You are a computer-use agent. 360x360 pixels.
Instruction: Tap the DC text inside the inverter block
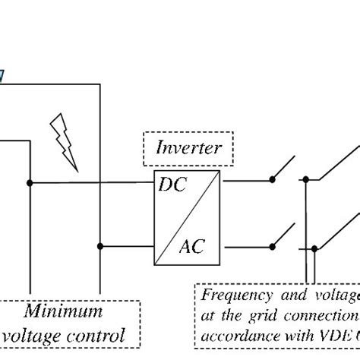(x=171, y=185)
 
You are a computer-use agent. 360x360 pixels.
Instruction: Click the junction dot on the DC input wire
(x=29, y=182)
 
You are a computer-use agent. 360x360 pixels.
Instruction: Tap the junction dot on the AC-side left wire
(x=100, y=246)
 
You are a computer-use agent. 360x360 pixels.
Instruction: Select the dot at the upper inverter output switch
(x=271, y=181)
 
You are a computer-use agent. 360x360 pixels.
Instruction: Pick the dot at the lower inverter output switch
(x=271, y=246)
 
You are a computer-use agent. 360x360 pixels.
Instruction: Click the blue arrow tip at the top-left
(x=2, y=75)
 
